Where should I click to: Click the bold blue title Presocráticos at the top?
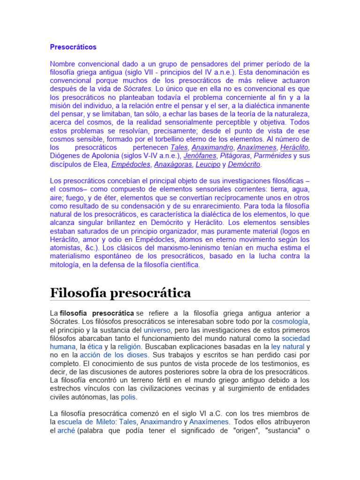click(73, 47)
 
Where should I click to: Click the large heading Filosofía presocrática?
click(120, 293)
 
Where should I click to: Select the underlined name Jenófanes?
click(200, 156)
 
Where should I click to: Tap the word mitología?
click(65, 265)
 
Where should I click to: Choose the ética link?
click(96, 347)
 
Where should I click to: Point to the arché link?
click(66, 430)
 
